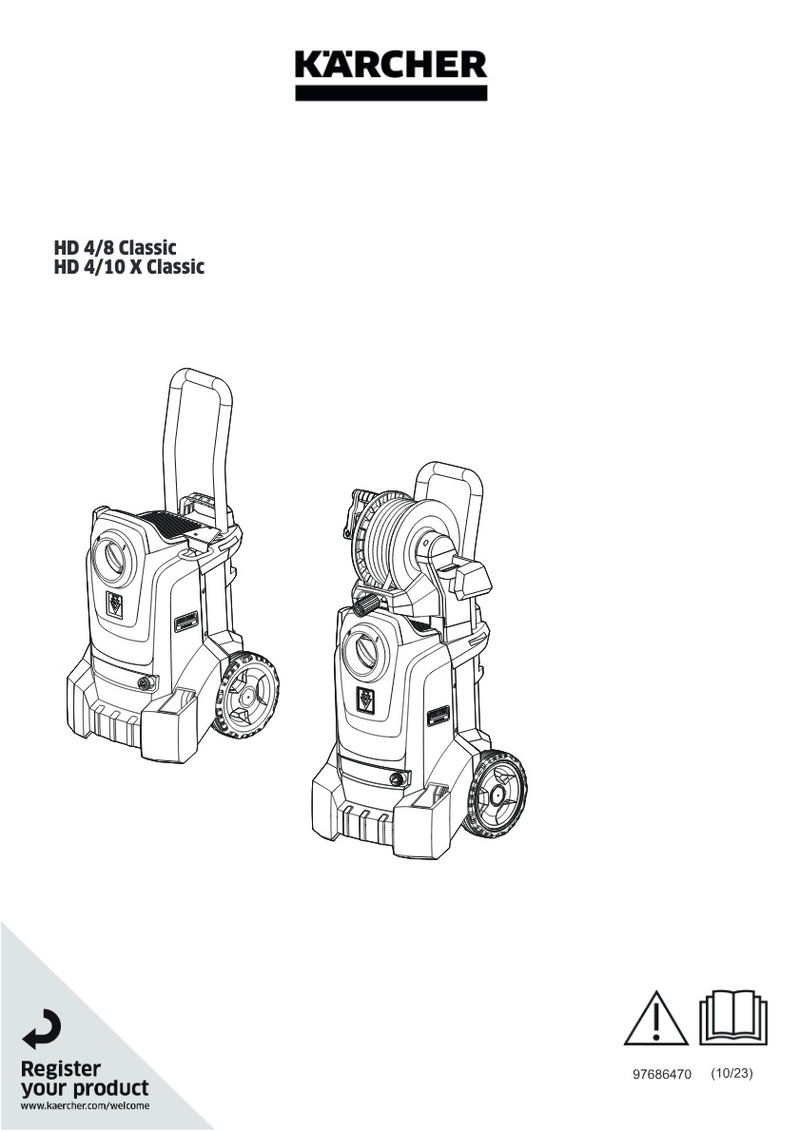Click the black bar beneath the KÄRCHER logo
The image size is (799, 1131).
pyautogui.click(x=391, y=93)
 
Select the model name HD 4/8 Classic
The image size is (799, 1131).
pyautogui.click(x=115, y=247)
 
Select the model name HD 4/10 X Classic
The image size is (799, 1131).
pyautogui.click(x=129, y=267)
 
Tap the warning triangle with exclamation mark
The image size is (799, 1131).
pyautogui.click(x=656, y=1018)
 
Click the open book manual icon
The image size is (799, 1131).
pyautogui.click(x=732, y=1018)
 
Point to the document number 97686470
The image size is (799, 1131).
pyautogui.click(x=662, y=1074)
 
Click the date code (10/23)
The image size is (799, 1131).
pyautogui.click(x=731, y=1073)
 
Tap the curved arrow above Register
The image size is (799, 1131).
pyautogui.click(x=41, y=1030)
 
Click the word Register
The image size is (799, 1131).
pyautogui.click(x=61, y=1068)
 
